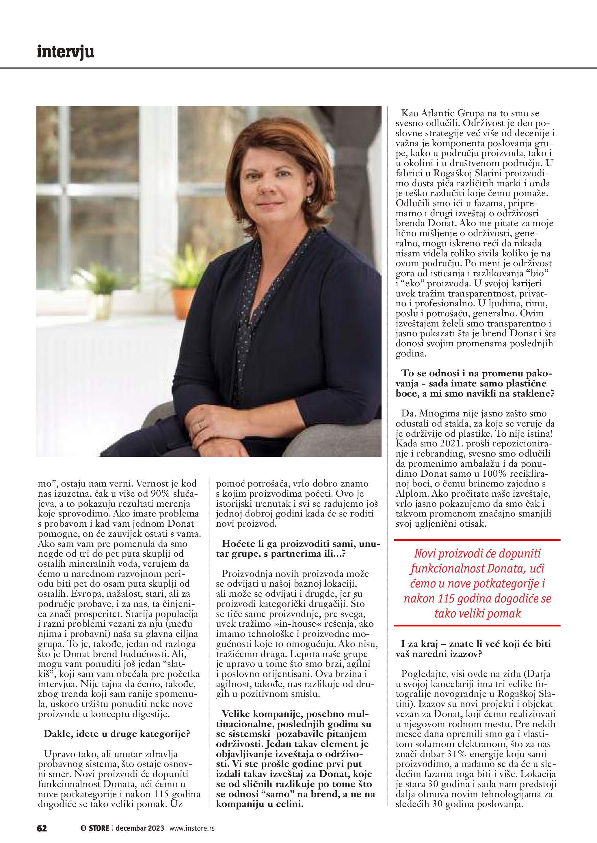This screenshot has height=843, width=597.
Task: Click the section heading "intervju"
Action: click(x=66, y=52)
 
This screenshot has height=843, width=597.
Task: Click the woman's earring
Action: click(x=309, y=200)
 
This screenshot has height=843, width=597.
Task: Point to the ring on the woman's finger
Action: click(x=200, y=426)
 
